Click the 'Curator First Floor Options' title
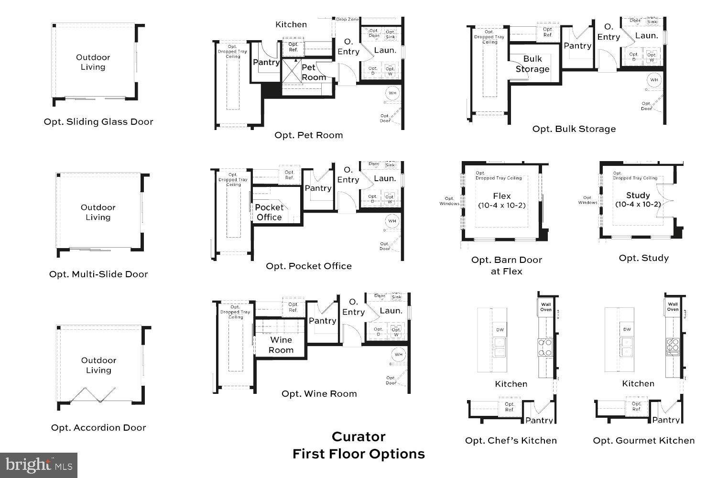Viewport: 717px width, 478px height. tap(358, 445)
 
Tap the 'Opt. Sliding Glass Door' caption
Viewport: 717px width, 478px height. tap(98, 121)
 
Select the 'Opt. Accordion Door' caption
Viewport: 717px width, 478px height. tap(98, 427)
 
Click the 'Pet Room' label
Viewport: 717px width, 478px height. tap(314, 73)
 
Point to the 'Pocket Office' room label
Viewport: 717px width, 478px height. tap(269, 212)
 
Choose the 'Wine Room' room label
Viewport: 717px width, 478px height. tap(281, 345)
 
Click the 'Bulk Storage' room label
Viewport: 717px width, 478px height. tap(532, 64)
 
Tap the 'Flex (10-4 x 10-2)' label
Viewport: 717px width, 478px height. tap(502, 200)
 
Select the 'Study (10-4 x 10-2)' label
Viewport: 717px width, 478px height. tap(638, 200)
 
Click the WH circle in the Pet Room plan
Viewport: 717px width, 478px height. tap(392, 93)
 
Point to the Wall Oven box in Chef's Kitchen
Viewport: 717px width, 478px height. tap(546, 307)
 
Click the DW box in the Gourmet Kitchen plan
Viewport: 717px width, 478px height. tap(627, 329)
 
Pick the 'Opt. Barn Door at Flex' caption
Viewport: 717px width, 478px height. tap(507, 265)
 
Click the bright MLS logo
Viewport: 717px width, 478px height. tap(39, 465)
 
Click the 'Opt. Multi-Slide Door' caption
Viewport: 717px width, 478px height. tap(98, 274)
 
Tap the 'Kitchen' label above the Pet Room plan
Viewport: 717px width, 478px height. tap(291, 24)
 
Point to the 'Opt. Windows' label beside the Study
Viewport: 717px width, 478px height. tap(587, 200)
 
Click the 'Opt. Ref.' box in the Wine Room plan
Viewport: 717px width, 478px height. tap(293, 307)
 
